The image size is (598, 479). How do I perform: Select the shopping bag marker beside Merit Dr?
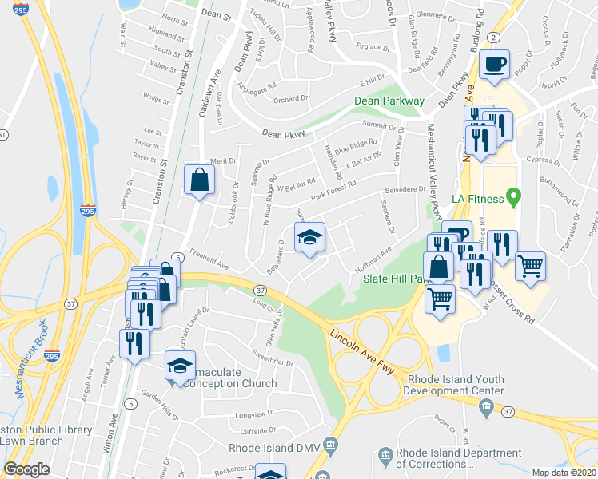(x=198, y=180)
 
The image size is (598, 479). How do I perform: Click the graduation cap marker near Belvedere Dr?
(x=309, y=237)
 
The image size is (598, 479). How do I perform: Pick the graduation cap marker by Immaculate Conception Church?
(x=180, y=366)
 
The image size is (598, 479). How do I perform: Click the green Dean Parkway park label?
(x=390, y=101)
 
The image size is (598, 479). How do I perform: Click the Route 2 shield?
(x=495, y=38)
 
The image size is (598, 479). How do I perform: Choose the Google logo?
(x=27, y=469)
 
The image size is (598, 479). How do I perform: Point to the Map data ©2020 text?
(x=564, y=473)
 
